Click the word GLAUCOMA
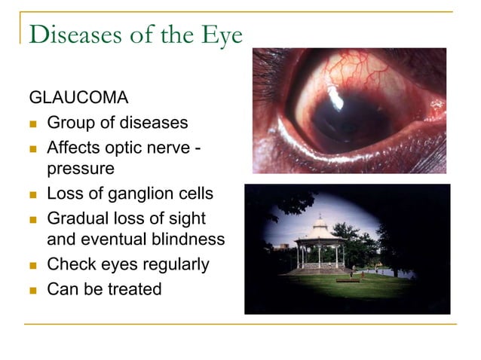coord(78,98)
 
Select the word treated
coord(133,288)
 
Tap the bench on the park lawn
coord(348,281)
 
